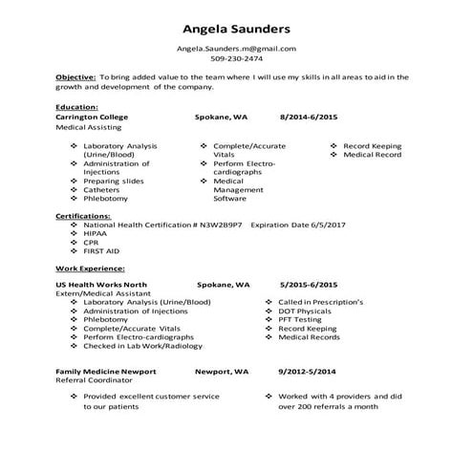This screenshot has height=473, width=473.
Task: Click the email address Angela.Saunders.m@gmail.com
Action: pyautogui.click(x=236, y=48)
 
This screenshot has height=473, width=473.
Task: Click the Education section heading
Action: pyautogui.click(x=76, y=108)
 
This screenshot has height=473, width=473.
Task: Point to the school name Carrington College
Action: pyautogui.click(x=92, y=117)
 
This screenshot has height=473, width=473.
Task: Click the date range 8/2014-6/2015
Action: pyautogui.click(x=310, y=117)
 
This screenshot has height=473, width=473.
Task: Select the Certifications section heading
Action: pyautogui.click(x=83, y=216)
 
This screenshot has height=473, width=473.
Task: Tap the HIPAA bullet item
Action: pyautogui.click(x=96, y=233)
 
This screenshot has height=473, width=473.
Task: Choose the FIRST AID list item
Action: pyautogui.click(x=101, y=250)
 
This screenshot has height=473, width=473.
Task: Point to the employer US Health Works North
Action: pyautogui.click(x=101, y=285)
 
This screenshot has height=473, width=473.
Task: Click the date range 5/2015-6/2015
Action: pyautogui.click(x=309, y=285)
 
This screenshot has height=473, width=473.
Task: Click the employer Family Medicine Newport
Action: pyautogui.click(x=105, y=370)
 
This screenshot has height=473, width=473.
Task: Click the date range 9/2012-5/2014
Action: pyautogui.click(x=308, y=370)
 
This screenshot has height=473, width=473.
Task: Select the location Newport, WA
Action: pyautogui.click(x=221, y=370)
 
